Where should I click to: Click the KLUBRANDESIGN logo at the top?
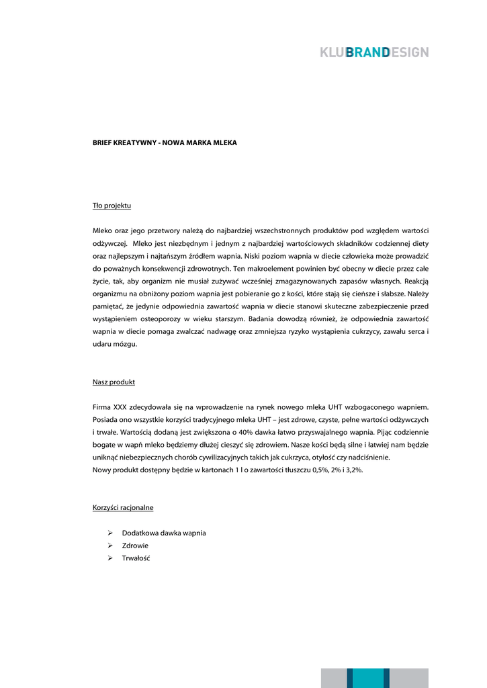tap(374, 52)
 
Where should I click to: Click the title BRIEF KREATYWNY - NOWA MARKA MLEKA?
tap(165, 143)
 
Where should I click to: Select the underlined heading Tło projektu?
tap(112, 205)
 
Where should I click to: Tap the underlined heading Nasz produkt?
tap(114, 382)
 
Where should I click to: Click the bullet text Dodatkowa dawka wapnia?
tap(164, 533)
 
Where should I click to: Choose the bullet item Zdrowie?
tap(135, 546)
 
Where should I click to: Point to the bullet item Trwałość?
tap(136, 558)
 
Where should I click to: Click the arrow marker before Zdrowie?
tap(110, 546)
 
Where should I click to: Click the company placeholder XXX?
tap(120, 407)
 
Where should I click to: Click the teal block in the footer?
tap(368, 677)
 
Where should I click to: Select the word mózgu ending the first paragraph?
tap(126, 344)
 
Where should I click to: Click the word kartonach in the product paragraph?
tap(202, 470)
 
